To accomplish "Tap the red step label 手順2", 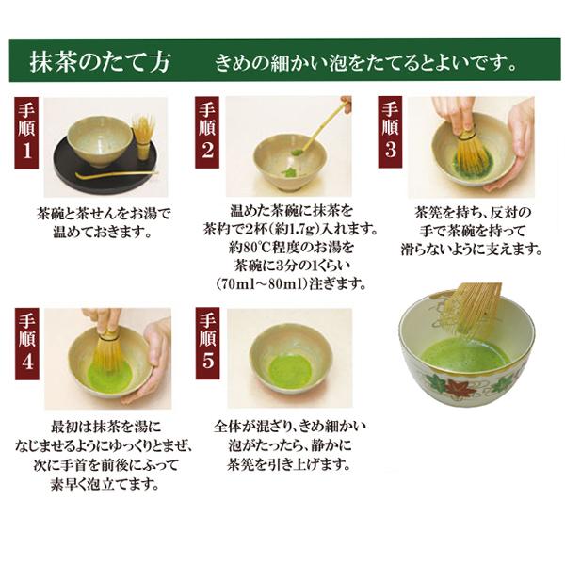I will point(207,133).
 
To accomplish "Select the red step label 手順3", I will point(390,133).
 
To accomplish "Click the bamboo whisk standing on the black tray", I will point(142,137).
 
